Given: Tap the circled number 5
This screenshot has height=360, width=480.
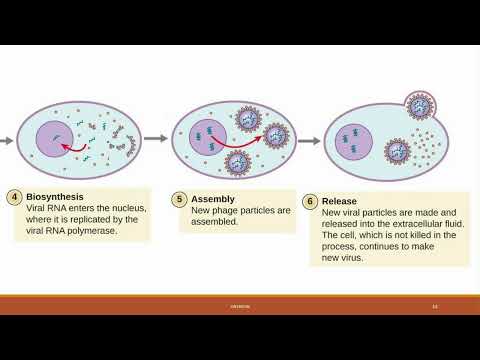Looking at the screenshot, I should [x=179, y=199].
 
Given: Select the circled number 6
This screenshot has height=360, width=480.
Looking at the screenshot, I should [x=311, y=201].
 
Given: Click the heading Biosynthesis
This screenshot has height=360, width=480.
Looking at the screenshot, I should [x=56, y=197].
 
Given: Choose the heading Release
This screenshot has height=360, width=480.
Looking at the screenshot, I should [x=340, y=201].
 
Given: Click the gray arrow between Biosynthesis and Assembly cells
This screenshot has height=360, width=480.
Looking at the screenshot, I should [x=155, y=140].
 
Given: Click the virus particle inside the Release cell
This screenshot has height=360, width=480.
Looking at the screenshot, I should [x=397, y=152].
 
